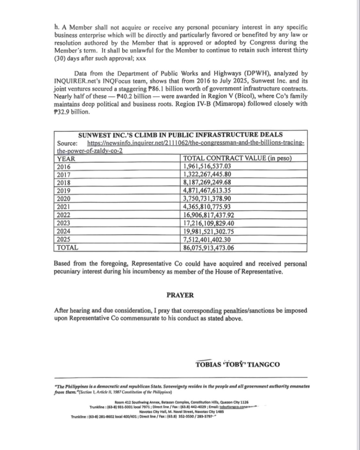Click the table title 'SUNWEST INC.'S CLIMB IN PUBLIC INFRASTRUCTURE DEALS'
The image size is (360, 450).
(180, 135)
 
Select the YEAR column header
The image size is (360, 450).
(66, 159)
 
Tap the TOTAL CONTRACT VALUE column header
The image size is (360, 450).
(238, 159)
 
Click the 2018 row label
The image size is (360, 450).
(64, 183)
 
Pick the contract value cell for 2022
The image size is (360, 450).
(209, 215)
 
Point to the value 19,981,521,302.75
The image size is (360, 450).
(209, 231)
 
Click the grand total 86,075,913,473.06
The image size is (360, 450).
(209, 248)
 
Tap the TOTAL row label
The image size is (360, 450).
(67, 248)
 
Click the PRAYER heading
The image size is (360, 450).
(180, 295)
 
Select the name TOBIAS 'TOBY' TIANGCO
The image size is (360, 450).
(238, 364)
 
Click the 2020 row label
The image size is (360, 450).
(64, 199)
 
